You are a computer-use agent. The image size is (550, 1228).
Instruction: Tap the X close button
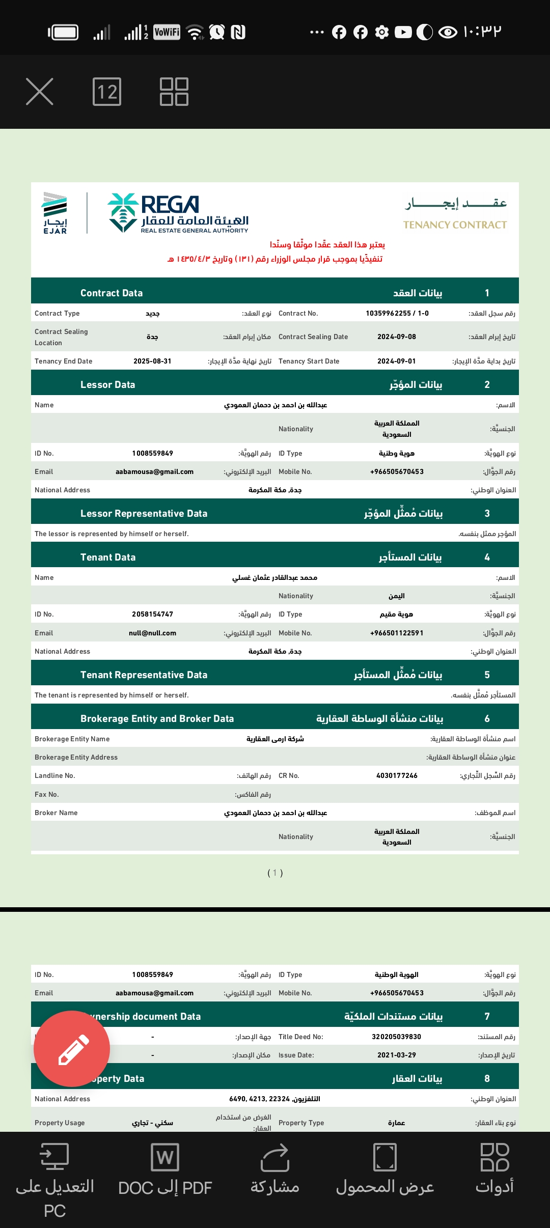tap(40, 92)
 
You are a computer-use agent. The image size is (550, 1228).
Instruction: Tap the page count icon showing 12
tap(107, 92)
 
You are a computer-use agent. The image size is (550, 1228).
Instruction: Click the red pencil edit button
tap(72, 1049)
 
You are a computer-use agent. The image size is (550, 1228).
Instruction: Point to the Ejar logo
tap(55, 213)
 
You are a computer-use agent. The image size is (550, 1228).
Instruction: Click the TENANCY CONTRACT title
tap(455, 225)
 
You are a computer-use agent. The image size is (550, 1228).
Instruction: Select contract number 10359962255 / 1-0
tap(397, 313)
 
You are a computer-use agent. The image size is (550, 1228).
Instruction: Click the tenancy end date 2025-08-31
tap(152, 361)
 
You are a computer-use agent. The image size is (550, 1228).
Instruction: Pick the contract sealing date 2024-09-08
tap(397, 337)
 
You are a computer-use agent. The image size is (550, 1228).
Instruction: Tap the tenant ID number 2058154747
tap(152, 614)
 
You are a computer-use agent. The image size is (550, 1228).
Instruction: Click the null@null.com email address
tap(152, 633)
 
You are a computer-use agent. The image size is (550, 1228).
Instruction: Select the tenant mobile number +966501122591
tap(397, 633)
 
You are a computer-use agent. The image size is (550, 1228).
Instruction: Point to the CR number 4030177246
tap(397, 775)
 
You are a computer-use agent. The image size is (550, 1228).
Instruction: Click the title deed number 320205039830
tap(397, 1037)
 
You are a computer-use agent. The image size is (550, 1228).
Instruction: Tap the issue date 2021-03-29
tap(397, 1055)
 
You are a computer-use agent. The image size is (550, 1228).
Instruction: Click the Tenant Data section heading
tap(108, 557)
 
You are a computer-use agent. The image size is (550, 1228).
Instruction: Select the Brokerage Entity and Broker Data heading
tap(157, 718)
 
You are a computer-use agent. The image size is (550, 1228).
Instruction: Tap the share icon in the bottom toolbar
tap(275, 1158)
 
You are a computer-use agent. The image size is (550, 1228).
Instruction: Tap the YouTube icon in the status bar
tap(403, 33)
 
